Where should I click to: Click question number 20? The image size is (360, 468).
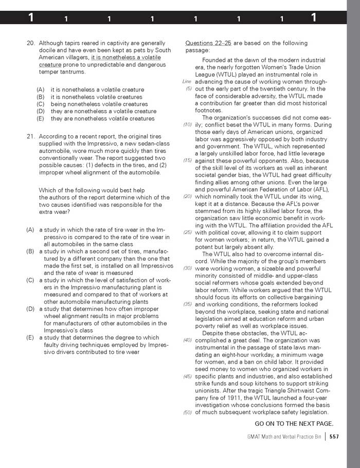click(x=30, y=43)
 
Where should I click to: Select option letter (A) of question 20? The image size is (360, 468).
click(x=41, y=90)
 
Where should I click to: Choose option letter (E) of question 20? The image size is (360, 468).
click(x=41, y=119)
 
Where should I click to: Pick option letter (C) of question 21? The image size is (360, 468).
click(x=30, y=280)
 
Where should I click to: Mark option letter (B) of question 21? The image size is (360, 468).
click(x=30, y=251)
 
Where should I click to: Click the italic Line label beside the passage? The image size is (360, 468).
click(x=187, y=82)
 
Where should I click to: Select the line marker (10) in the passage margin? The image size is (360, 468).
click(x=188, y=125)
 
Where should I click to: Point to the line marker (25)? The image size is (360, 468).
click(x=188, y=232)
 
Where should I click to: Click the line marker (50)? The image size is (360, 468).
click(x=188, y=412)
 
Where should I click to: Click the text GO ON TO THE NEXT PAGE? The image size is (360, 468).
click(x=294, y=424)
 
